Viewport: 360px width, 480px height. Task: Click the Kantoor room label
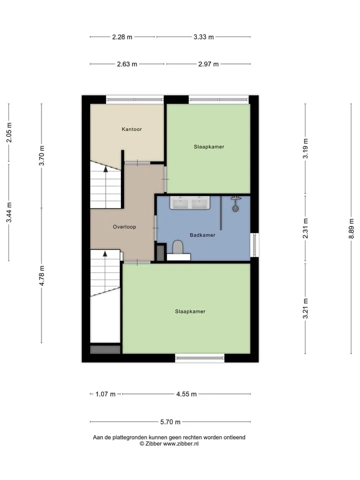pyautogui.click(x=131, y=129)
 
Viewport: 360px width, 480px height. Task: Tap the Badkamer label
pyautogui.click(x=202, y=235)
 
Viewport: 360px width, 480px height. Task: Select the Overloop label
pyautogui.click(x=124, y=227)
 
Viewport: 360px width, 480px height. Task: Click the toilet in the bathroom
pyautogui.click(x=177, y=246)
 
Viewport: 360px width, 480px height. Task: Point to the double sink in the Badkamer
pyautogui.click(x=190, y=202)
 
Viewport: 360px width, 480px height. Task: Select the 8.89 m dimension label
pyautogui.click(x=351, y=228)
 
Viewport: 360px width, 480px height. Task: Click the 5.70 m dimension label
pyautogui.click(x=170, y=422)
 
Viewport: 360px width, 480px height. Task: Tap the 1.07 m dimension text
pyautogui.click(x=105, y=394)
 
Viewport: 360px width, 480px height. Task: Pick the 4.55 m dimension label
pyautogui.click(x=186, y=394)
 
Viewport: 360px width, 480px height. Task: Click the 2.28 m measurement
pyautogui.click(x=122, y=37)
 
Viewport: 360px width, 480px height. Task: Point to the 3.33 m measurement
pyautogui.click(x=203, y=37)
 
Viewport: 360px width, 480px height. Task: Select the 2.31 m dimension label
pyautogui.click(x=305, y=228)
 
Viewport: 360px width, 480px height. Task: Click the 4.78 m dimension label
pyautogui.click(x=41, y=275)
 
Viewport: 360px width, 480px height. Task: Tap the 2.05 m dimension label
pyautogui.click(x=9, y=132)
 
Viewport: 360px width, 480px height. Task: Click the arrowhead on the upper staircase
pyautogui.click(x=105, y=168)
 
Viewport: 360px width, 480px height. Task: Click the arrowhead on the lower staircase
pyautogui.click(x=105, y=253)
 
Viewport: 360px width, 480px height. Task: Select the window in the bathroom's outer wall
pyautogui.click(x=254, y=245)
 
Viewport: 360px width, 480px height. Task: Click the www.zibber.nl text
pyautogui.click(x=180, y=443)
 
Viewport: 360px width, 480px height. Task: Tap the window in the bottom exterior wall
pyautogui.click(x=199, y=358)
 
